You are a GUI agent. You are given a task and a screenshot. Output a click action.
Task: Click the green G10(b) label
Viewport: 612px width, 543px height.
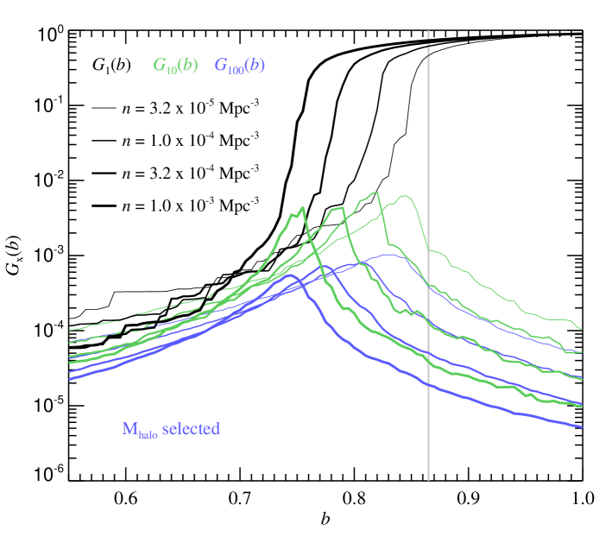[x=175, y=66]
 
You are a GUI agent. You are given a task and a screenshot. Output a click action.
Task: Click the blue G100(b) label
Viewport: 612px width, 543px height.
[x=239, y=66]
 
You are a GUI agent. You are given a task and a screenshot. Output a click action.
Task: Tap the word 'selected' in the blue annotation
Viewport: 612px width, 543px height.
[x=191, y=429]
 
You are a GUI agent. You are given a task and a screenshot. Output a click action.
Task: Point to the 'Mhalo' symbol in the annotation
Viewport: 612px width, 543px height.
[x=140, y=430]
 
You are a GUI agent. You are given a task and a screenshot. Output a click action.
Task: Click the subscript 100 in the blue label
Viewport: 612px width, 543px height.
[x=233, y=69]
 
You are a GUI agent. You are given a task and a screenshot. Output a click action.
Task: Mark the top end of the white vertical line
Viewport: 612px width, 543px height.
[x=428, y=31]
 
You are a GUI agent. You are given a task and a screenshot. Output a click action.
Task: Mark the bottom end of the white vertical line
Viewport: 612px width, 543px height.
[x=428, y=479]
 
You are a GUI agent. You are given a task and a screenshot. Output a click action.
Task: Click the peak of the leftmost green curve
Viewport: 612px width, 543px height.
[x=303, y=207]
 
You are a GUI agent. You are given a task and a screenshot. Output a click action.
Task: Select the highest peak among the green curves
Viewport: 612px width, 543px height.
[x=377, y=192]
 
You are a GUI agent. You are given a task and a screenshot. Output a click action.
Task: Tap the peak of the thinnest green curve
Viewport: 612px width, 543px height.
[x=404, y=196]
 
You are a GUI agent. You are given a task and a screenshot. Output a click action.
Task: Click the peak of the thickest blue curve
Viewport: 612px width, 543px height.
[x=290, y=275]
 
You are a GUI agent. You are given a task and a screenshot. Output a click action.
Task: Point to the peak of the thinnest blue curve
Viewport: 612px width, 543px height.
[x=386, y=255]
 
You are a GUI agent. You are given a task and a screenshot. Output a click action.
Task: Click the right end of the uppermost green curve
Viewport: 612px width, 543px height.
[x=582, y=329]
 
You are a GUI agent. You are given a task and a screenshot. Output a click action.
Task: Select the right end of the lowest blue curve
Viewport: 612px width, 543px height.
[x=582, y=426]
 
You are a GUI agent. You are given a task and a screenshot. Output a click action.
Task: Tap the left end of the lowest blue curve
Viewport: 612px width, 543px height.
[x=70, y=379]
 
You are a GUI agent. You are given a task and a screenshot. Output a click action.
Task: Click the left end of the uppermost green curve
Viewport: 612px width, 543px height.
[x=70, y=330]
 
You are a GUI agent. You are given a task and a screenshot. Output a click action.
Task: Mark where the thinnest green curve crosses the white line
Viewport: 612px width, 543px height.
[x=428, y=250]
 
